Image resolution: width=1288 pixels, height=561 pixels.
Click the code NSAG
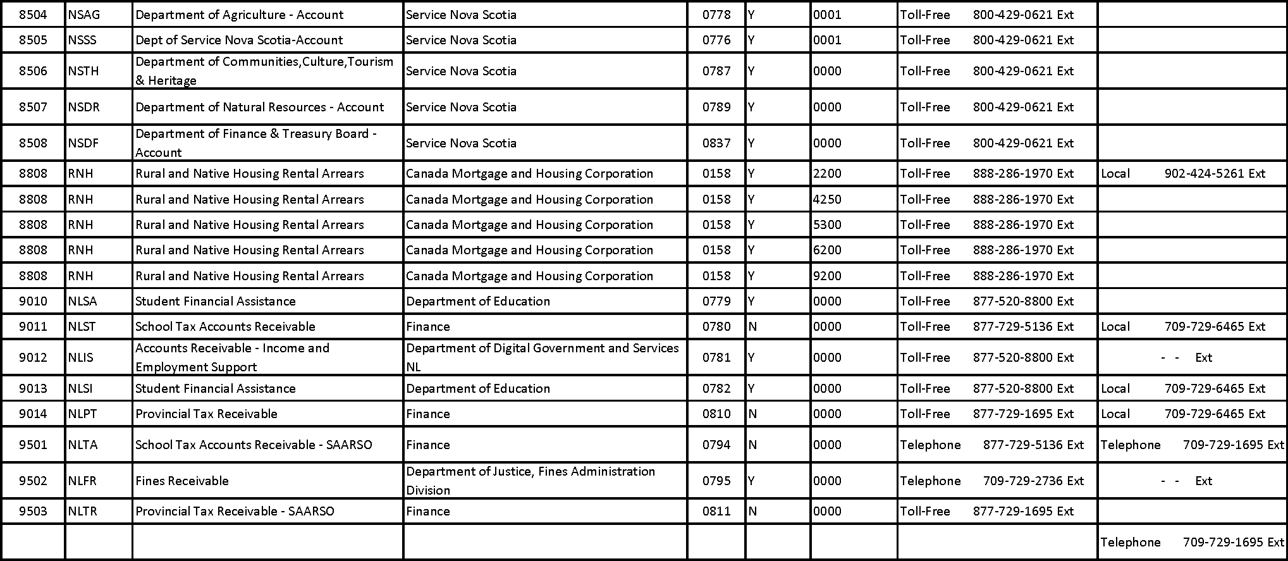pos(83,15)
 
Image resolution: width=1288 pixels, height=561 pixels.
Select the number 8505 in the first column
pos(33,40)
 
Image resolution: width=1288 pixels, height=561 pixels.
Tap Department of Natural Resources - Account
pos(259,107)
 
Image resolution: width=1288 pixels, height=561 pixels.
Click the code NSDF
pos(83,143)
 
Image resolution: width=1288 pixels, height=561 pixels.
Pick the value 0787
pos(716,71)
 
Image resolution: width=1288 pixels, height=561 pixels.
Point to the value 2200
pos(827,173)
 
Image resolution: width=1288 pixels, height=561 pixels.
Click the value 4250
pos(827,199)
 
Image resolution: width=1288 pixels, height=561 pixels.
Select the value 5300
pos(827,225)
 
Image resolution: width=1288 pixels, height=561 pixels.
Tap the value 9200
pos(827,276)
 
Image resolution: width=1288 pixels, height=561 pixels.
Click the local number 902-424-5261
pos(1204,173)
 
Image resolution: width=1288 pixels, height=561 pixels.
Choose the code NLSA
pos(83,301)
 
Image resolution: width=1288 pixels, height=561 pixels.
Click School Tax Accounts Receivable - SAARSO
pos(254,445)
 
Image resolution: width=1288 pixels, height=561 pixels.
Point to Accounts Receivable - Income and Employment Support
pos(232,357)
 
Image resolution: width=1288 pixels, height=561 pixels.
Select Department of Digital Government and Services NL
pos(542,357)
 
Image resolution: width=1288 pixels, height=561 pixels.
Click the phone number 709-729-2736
pos(1022,481)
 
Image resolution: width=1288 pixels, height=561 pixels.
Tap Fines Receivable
pos(182,481)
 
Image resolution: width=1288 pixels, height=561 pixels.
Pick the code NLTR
pos(83,511)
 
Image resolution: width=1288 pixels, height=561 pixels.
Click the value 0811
pos(716,511)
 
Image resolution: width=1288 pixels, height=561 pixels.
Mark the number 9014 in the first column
pos(33,414)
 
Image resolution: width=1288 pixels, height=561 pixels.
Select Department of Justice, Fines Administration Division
pos(531,481)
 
